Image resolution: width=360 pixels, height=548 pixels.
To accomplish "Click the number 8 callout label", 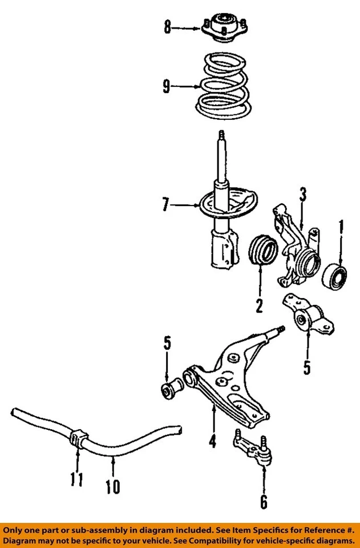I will coord(167,27).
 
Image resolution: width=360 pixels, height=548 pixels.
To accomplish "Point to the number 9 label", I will coord(166,87).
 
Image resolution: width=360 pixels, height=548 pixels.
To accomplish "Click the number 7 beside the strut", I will coord(165,204).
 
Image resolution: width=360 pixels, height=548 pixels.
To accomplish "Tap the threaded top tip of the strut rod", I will coord(220,136).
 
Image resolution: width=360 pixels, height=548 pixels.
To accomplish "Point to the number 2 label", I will coord(259,306).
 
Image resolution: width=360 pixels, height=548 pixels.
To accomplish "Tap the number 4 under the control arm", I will coord(212,442).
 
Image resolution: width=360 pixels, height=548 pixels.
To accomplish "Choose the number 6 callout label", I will coord(264,501).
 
